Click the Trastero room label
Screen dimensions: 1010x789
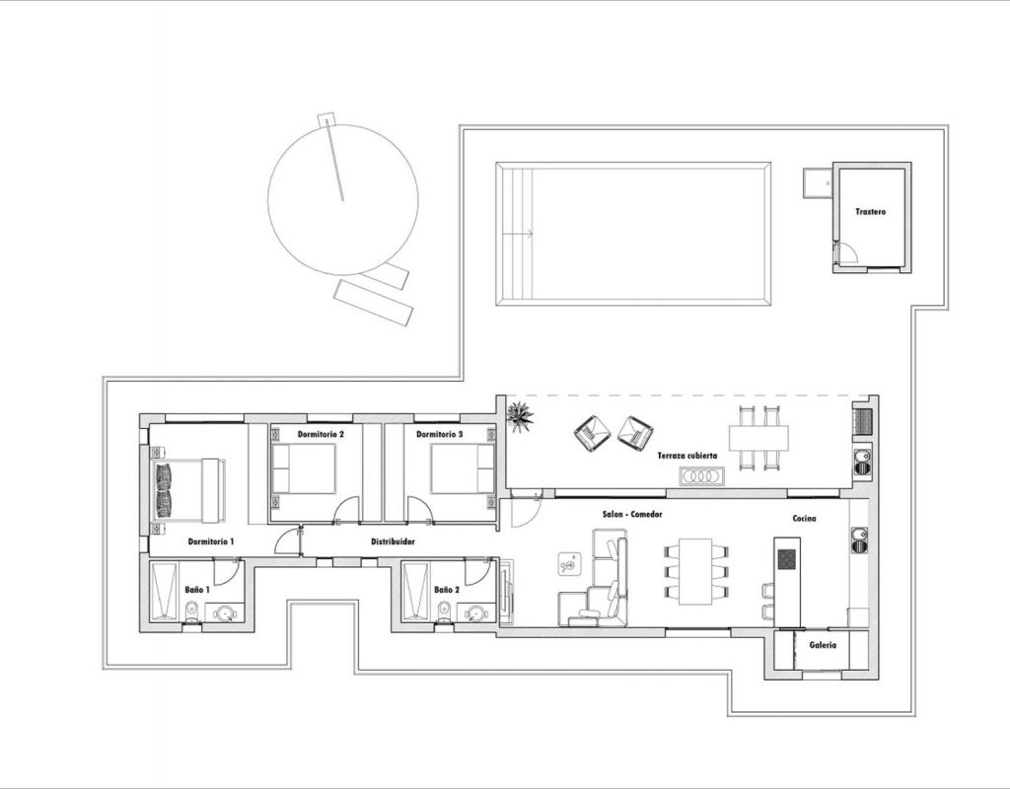pyautogui.click(x=870, y=211)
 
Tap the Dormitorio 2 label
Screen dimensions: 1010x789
pyautogui.click(x=321, y=434)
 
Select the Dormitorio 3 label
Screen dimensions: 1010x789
pyautogui.click(x=439, y=434)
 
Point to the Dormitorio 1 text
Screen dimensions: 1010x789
pyautogui.click(x=211, y=541)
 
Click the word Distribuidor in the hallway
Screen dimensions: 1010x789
pyautogui.click(x=393, y=541)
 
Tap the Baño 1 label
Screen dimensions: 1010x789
pyautogui.click(x=197, y=590)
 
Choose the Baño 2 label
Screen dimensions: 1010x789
pyautogui.click(x=447, y=590)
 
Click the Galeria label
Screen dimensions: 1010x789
pyautogui.click(x=823, y=645)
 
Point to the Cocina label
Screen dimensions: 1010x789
pyautogui.click(x=804, y=518)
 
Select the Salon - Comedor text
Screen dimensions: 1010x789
pyautogui.click(x=632, y=514)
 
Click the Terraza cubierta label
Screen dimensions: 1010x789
pyautogui.click(x=686, y=456)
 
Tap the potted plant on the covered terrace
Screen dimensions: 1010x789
pyautogui.click(x=520, y=415)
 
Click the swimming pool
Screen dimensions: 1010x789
pyautogui.click(x=633, y=233)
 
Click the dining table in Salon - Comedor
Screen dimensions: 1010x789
pyautogui.click(x=695, y=571)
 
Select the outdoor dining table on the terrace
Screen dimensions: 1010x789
pyautogui.click(x=758, y=438)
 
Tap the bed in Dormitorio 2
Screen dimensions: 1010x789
pyautogui.click(x=304, y=468)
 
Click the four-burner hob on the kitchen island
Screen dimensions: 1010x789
pyautogui.click(x=786, y=559)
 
